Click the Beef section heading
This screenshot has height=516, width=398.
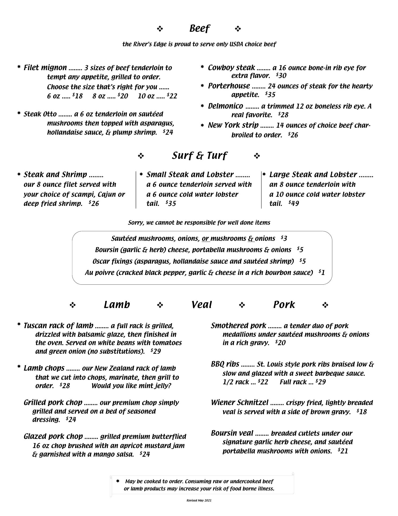pos(200,28)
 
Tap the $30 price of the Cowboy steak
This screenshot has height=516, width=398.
pos(281,76)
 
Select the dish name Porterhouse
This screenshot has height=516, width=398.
pos(229,86)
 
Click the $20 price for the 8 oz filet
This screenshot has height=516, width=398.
pos(123,96)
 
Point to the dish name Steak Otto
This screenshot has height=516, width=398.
pos(40,114)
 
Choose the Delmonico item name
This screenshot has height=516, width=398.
pos(226,106)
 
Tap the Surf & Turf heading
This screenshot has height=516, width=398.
pos(199,156)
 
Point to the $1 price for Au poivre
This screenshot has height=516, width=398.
pos(322,273)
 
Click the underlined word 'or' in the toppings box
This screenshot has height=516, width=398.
pos(205,239)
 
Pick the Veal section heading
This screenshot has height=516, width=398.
pos(202,305)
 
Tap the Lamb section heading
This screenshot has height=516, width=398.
pos(117,305)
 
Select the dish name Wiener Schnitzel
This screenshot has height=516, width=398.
pos(239,403)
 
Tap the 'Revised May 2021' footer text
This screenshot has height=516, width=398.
pos(199,500)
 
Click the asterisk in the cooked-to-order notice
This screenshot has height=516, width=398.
pos(117,481)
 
